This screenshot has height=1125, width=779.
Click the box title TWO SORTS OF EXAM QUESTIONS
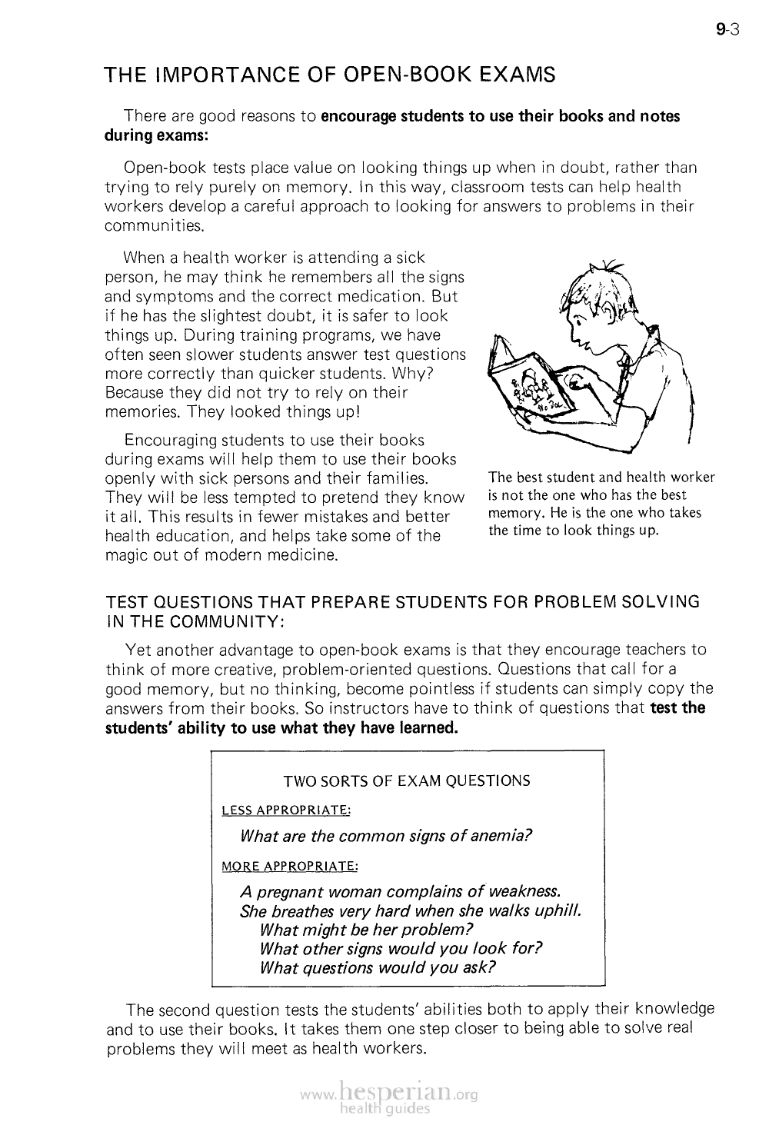coord(406,781)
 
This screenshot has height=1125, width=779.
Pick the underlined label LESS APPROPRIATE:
coord(286,810)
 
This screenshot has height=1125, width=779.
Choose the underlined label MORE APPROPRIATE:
coord(289,866)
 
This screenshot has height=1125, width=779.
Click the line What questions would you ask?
coord(378,967)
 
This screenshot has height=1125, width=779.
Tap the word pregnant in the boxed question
coord(289,892)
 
